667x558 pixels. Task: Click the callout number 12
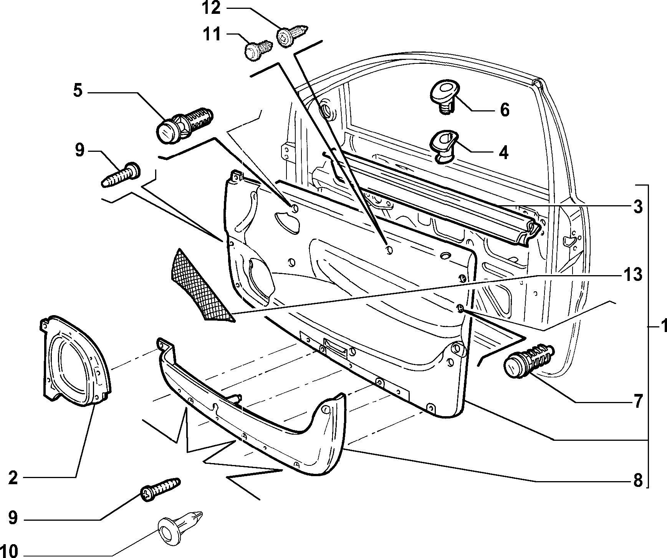(211, 8)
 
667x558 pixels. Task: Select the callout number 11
(212, 35)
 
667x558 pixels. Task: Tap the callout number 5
(78, 91)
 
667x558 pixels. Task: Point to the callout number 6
(505, 110)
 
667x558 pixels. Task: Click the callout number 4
(503, 152)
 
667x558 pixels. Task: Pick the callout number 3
(637, 207)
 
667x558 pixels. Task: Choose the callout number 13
(633, 275)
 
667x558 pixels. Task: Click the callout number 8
(637, 480)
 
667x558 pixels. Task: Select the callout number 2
(13, 478)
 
